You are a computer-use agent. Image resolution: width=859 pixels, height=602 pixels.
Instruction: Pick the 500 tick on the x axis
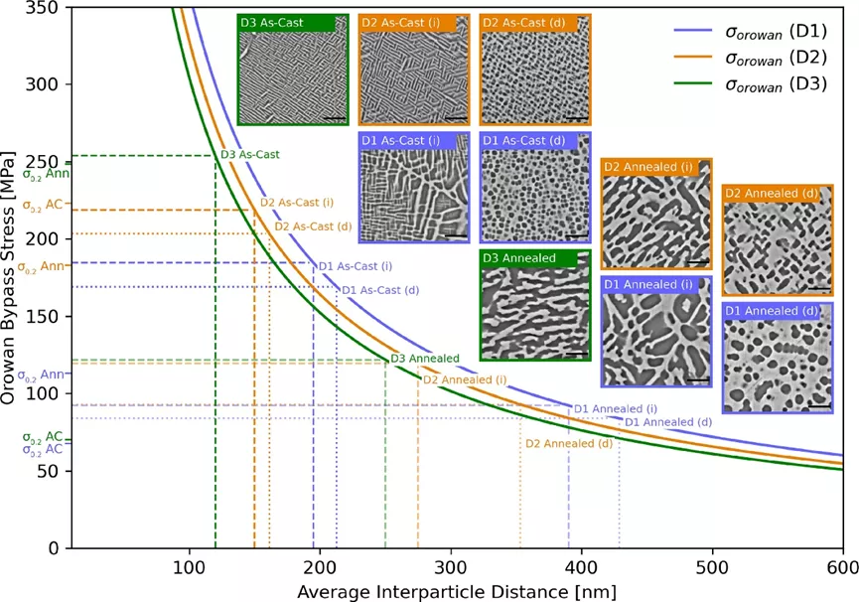pyautogui.click(x=712, y=548)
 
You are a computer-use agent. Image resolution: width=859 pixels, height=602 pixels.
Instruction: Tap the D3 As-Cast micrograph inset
pyautogui.click(x=293, y=70)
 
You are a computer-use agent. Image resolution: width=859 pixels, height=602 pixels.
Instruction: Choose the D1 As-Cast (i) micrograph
pyautogui.click(x=414, y=188)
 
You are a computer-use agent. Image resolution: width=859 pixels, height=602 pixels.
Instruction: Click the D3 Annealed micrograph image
pyautogui.click(x=535, y=306)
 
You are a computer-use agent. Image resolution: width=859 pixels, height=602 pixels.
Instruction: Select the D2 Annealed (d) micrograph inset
pyautogui.click(x=778, y=238)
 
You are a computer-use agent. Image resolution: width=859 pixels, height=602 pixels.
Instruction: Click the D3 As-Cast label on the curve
pyautogui.click(x=249, y=154)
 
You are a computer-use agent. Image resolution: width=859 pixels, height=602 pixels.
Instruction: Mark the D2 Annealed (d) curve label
pyautogui.click(x=569, y=444)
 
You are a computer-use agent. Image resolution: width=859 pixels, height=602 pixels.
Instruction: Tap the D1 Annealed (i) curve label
pyautogui.click(x=616, y=408)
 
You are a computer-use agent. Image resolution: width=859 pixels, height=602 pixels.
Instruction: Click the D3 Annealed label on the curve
pyautogui.click(x=425, y=359)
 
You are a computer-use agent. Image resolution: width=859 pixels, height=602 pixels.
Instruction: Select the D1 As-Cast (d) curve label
pyautogui.click(x=379, y=290)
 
